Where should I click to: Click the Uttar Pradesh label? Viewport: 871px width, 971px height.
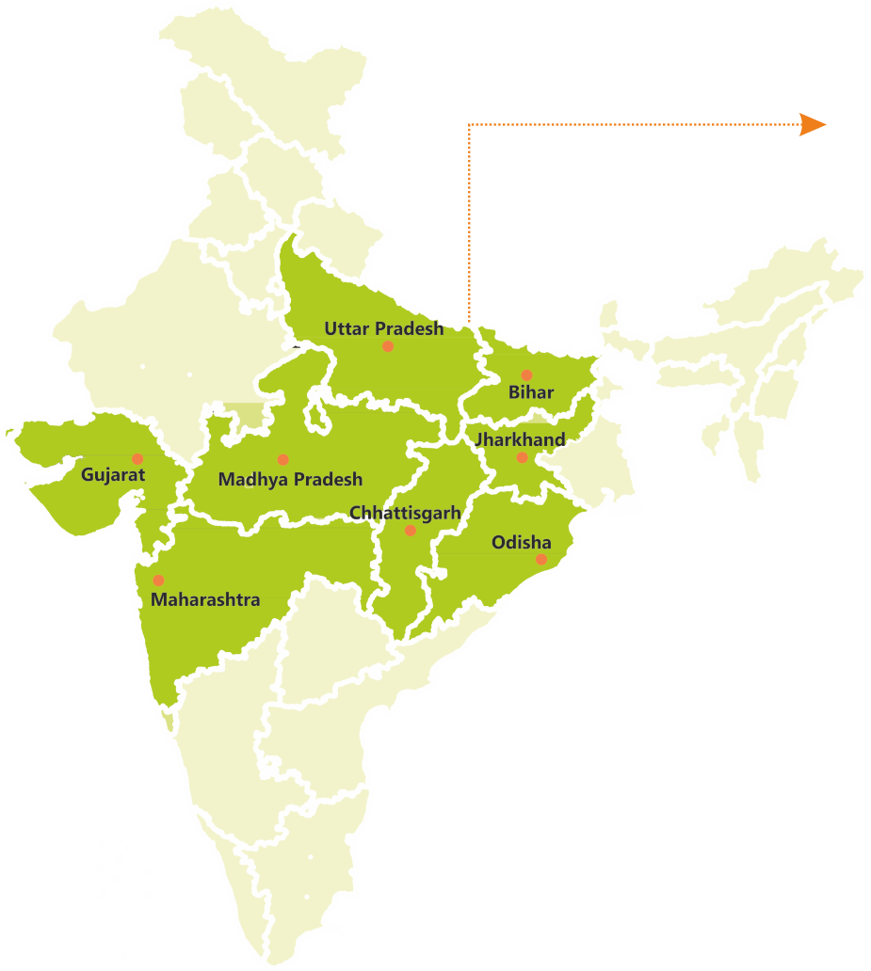click(x=383, y=328)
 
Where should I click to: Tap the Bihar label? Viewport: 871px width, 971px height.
click(x=531, y=392)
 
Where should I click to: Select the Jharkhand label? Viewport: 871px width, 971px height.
click(x=520, y=439)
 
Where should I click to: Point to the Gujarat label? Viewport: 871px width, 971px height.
click(x=113, y=474)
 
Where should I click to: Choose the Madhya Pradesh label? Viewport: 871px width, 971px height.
click(x=290, y=479)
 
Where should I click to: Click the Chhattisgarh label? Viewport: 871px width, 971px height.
click(x=405, y=512)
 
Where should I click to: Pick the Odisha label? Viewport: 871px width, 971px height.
click(x=521, y=542)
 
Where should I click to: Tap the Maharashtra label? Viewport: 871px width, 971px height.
click(x=205, y=598)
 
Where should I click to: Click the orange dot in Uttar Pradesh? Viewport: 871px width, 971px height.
click(x=387, y=346)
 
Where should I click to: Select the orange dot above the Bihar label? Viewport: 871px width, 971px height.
click(x=526, y=375)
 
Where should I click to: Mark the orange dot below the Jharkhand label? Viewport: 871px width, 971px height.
click(x=522, y=457)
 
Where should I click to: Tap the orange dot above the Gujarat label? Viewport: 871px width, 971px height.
click(x=137, y=458)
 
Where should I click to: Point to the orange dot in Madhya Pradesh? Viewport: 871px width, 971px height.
click(x=282, y=459)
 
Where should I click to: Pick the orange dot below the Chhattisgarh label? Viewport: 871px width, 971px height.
click(x=410, y=531)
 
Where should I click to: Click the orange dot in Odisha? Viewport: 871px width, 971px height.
click(x=541, y=559)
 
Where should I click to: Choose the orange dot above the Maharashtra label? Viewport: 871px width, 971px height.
click(x=158, y=580)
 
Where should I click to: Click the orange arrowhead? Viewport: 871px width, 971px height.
click(x=812, y=124)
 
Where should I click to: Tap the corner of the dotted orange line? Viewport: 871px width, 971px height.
click(x=469, y=124)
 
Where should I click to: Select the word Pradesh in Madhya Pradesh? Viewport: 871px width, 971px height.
click(x=326, y=479)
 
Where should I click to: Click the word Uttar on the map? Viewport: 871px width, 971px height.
click(x=347, y=328)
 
